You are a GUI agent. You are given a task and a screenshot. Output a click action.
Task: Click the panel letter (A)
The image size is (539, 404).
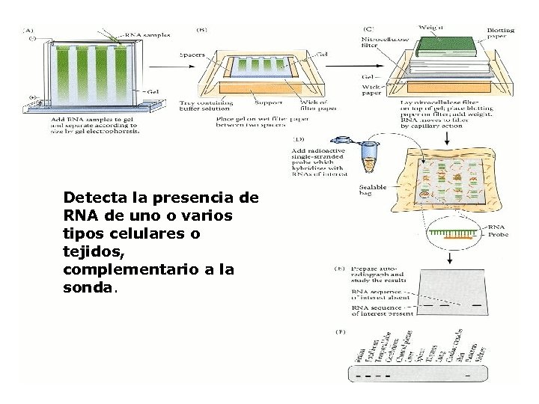point(28,30)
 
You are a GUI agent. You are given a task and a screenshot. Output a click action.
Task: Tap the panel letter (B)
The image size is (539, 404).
point(202,30)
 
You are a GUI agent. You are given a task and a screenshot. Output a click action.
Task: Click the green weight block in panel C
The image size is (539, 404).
point(443,47)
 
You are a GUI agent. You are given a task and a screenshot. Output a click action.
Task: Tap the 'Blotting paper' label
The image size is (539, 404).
point(501,34)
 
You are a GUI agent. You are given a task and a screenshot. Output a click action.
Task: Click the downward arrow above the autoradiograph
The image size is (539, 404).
point(448,259)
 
